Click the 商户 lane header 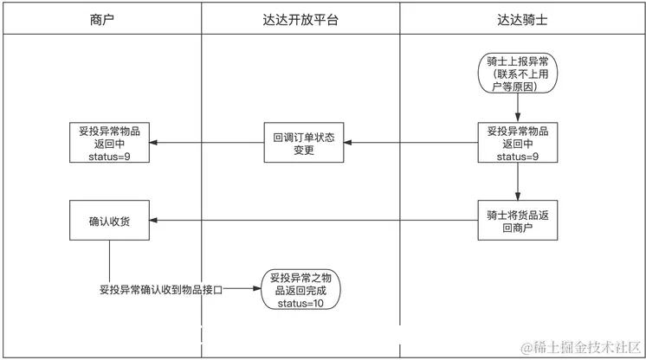[101, 18]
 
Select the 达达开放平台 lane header [300, 18]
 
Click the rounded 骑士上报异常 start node [518, 74]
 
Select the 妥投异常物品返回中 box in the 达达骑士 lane [518, 144]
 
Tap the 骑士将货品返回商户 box [518, 221]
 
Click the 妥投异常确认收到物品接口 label [161, 291]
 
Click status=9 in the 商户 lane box [109, 157]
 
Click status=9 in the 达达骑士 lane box [518, 157]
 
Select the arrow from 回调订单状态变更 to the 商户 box [208, 144]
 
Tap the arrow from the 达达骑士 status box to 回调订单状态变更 [411, 144]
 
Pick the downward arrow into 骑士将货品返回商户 [518, 182]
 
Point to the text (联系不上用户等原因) [518, 80]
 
